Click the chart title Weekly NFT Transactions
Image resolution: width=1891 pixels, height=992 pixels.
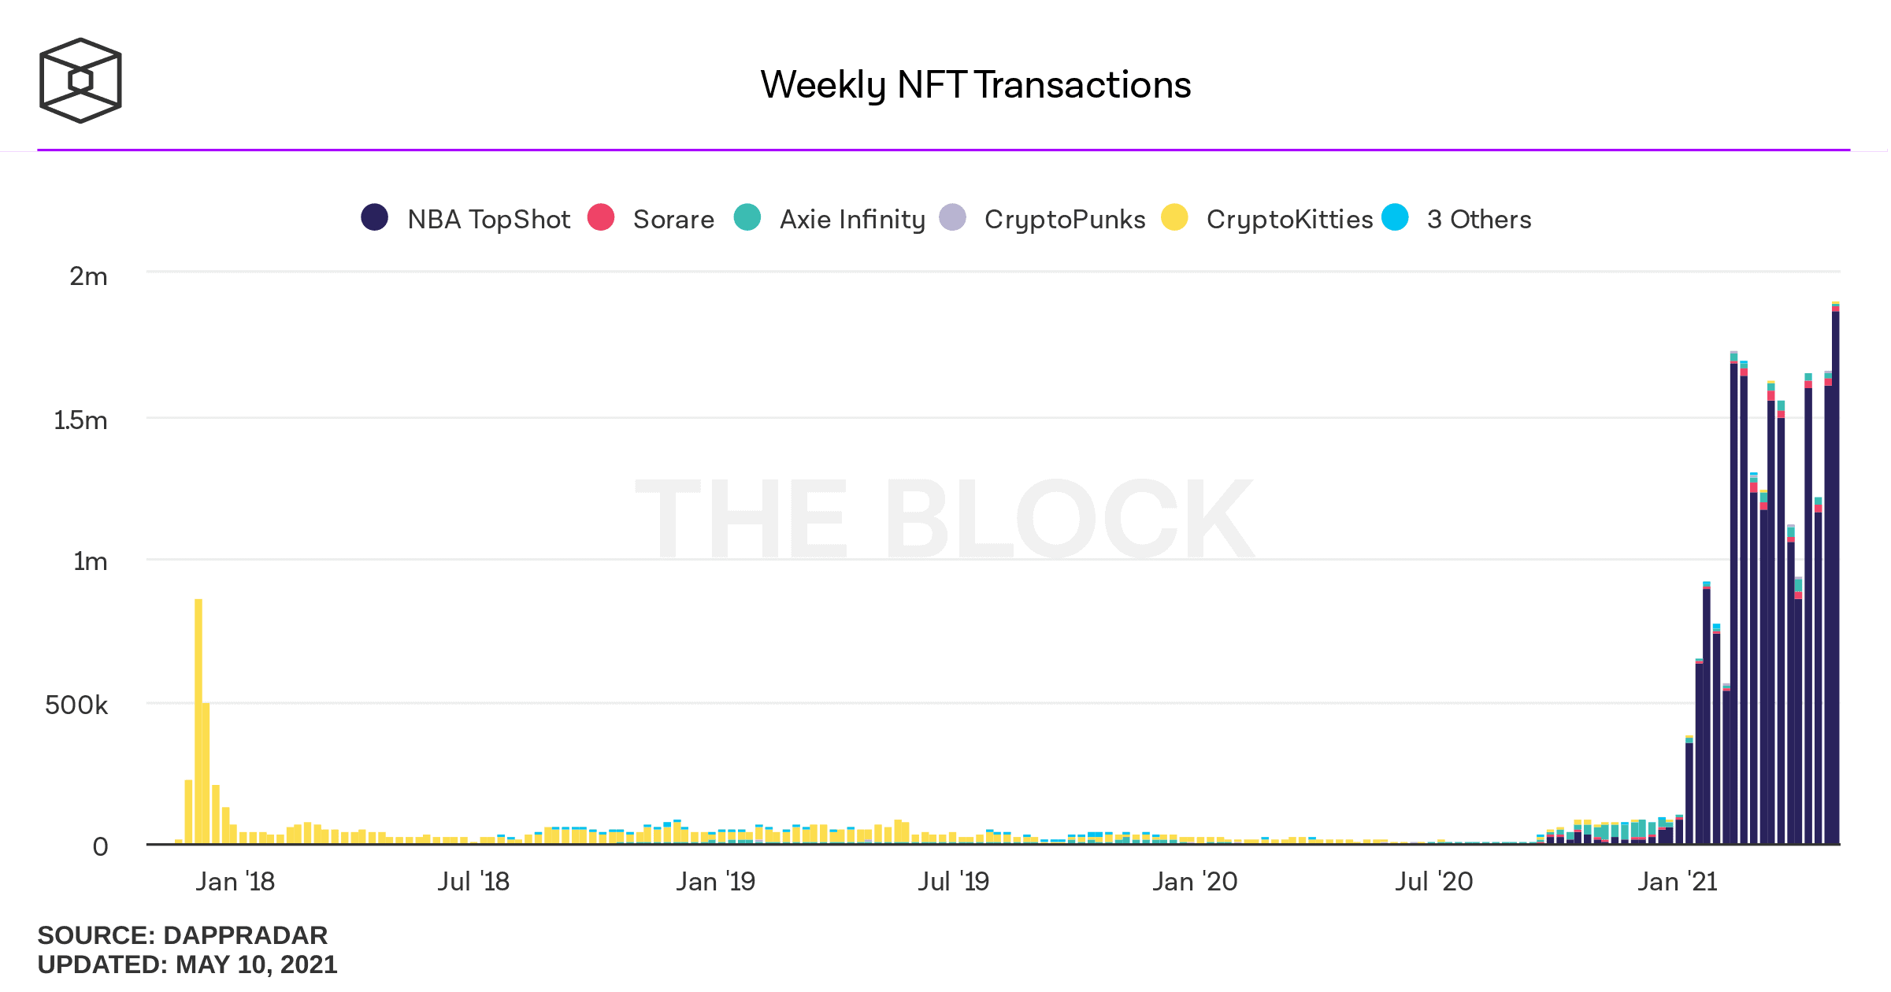tap(975, 85)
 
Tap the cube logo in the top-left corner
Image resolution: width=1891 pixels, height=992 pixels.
tap(80, 80)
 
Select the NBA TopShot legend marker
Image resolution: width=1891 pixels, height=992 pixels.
tap(374, 217)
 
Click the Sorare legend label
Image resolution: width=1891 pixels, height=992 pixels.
tap(673, 219)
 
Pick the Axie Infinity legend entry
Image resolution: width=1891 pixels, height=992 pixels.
tap(852, 219)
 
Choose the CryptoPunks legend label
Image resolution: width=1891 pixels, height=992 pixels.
tap(1065, 219)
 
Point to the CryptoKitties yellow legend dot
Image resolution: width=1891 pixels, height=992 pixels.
tap(1174, 217)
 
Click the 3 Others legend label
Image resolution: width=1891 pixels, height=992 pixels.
tap(1479, 219)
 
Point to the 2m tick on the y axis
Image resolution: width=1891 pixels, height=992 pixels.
tap(88, 276)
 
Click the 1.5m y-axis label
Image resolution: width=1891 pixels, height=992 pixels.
tap(80, 420)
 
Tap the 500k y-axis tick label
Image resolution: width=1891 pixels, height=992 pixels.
tap(76, 705)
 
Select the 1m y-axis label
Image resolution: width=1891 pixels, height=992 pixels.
tap(90, 561)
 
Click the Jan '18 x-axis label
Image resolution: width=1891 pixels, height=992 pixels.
tap(235, 881)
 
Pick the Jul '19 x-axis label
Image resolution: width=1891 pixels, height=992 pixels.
tap(953, 881)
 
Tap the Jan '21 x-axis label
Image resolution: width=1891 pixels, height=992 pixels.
tap(1678, 881)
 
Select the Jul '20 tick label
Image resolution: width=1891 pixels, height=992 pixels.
tap(1433, 881)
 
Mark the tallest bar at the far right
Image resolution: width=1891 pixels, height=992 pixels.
tap(1835, 575)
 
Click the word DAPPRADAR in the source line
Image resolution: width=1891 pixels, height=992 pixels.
tap(245, 935)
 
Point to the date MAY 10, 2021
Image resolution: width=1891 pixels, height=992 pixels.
tap(256, 964)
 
